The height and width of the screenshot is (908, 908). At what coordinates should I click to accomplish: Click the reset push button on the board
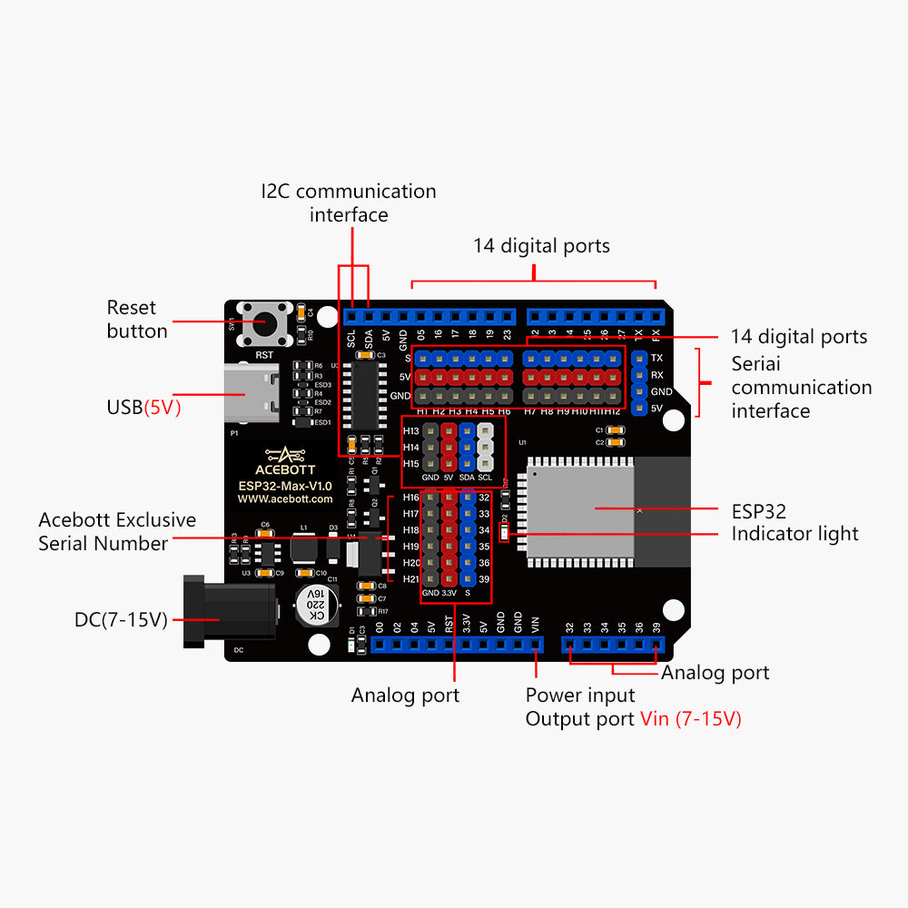point(263,323)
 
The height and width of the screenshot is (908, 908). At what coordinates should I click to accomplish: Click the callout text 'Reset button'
point(137,320)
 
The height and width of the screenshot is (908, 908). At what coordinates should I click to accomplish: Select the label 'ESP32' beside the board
point(758,511)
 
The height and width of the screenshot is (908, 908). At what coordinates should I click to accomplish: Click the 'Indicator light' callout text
point(794,534)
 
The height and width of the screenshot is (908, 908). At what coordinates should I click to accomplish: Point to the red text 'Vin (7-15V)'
point(690,719)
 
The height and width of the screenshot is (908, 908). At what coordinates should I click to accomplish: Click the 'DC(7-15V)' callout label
point(121,621)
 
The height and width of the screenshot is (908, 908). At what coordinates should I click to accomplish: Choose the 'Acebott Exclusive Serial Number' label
point(116,532)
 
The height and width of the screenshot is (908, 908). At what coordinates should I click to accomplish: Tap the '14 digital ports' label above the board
point(541,245)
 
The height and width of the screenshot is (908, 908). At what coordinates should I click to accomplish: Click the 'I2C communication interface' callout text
point(349,202)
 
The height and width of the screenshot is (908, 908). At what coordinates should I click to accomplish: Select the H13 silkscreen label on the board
point(410,431)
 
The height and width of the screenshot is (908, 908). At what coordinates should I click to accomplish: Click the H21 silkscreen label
point(410,579)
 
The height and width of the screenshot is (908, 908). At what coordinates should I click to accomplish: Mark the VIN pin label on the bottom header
point(535,626)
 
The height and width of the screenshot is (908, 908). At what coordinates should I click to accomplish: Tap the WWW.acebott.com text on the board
point(285,499)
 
